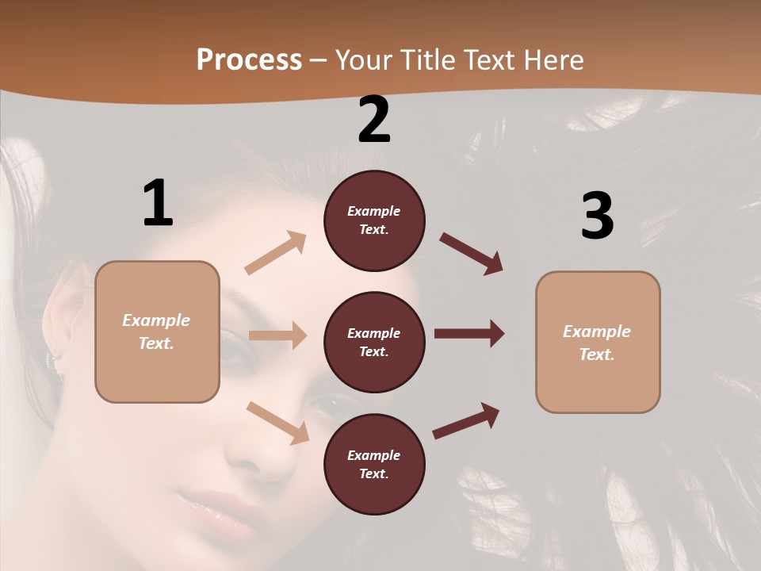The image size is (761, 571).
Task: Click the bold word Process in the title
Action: click(249, 59)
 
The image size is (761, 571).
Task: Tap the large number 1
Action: click(158, 203)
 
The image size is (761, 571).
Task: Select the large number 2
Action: click(374, 120)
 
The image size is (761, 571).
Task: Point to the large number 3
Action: click(597, 217)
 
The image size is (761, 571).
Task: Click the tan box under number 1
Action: click(157, 331)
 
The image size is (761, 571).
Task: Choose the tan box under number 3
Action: click(598, 342)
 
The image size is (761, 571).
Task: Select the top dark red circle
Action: click(374, 220)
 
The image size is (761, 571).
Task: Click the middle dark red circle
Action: click(374, 342)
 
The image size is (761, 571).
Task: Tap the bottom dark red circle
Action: click(374, 464)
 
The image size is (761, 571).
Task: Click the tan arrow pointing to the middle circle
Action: click(277, 335)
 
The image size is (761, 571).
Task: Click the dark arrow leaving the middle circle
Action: click(469, 334)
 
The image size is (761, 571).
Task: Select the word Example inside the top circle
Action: click(374, 211)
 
